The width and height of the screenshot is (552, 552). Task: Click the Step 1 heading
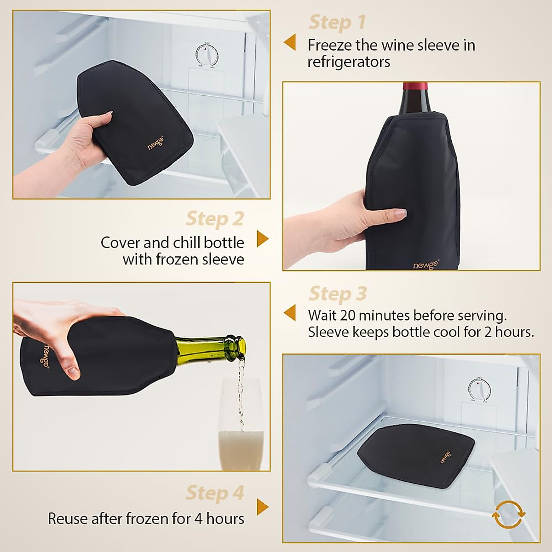[337, 22]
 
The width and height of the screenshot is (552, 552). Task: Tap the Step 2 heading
[214, 219]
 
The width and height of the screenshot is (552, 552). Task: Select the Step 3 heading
[338, 293]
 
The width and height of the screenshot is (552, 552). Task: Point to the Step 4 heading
[214, 493]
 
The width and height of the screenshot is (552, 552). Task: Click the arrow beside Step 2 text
[262, 239]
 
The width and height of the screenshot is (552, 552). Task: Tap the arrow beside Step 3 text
[290, 313]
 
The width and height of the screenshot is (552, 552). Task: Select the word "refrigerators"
[349, 62]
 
